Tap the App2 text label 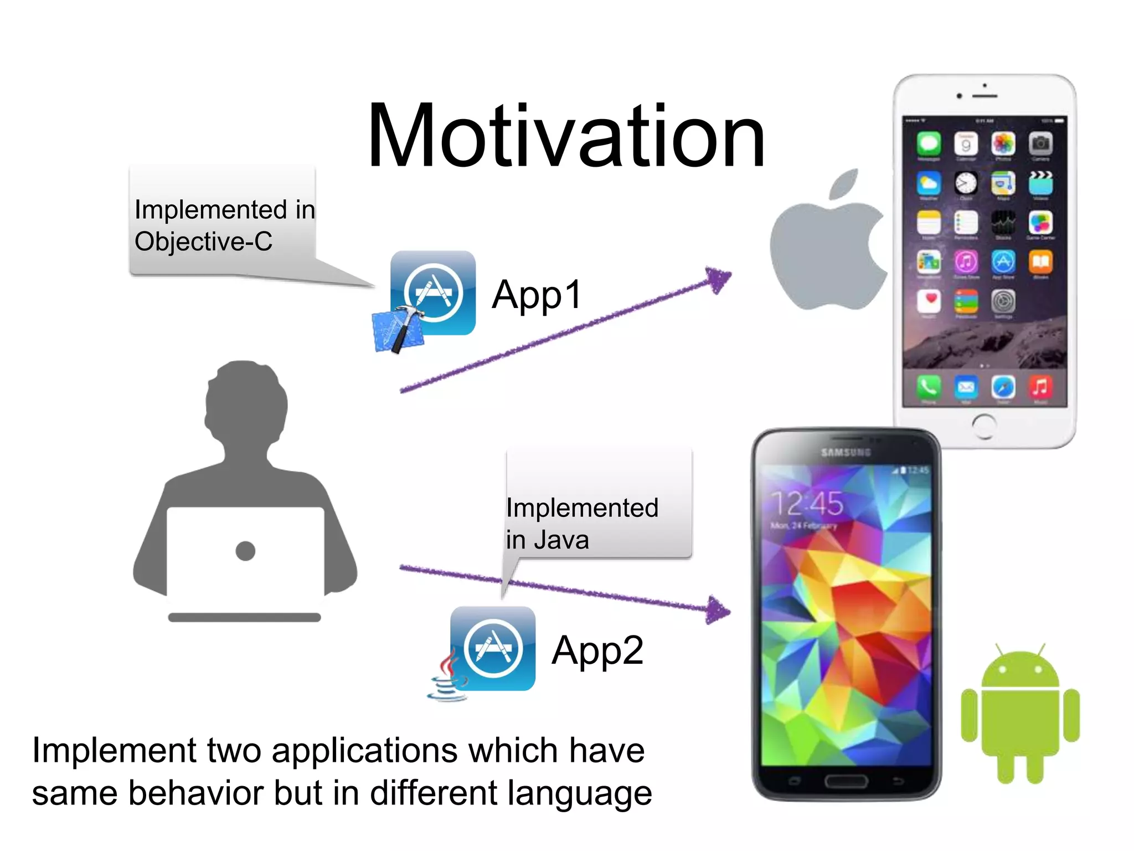[x=597, y=650]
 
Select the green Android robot [x=1020, y=715]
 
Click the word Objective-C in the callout [x=203, y=242]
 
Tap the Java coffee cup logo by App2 [x=447, y=679]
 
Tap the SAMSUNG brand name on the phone [x=846, y=453]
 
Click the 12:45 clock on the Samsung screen [x=807, y=504]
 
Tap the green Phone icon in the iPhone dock [x=929, y=387]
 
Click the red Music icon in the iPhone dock [x=1040, y=387]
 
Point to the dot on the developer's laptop [x=245, y=551]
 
